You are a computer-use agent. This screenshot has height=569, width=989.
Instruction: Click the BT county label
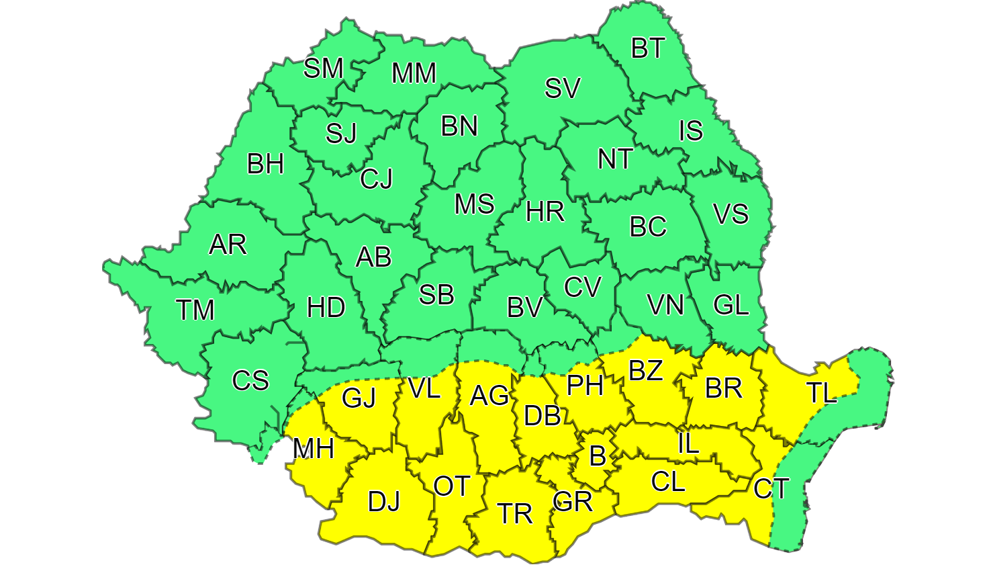(648, 48)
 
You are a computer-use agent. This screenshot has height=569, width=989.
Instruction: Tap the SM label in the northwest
(323, 68)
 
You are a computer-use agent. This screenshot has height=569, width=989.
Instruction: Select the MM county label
(414, 73)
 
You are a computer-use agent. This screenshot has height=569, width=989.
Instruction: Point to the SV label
(562, 89)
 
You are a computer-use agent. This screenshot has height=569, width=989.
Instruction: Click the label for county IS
(690, 131)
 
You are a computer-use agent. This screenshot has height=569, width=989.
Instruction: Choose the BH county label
(265, 165)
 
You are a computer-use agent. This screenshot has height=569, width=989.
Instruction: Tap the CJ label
(376, 179)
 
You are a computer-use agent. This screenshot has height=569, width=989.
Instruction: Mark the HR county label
(545, 212)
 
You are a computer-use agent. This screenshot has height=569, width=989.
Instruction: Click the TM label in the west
(195, 310)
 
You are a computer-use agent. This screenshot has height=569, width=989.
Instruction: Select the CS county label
(250, 381)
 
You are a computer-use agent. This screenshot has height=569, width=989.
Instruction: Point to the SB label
(436, 295)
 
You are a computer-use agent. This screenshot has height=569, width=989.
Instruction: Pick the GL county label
(731, 305)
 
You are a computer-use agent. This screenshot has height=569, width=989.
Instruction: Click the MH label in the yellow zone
(314, 449)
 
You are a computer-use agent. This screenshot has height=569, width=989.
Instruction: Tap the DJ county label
(384, 501)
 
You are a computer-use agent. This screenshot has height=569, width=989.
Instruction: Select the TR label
(515, 514)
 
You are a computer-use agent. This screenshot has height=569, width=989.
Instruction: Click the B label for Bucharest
(597, 457)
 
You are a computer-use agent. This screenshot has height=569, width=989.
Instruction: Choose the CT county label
(771, 488)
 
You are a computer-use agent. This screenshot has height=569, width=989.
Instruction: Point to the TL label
(821, 393)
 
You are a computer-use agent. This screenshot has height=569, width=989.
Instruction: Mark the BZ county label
(645, 370)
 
